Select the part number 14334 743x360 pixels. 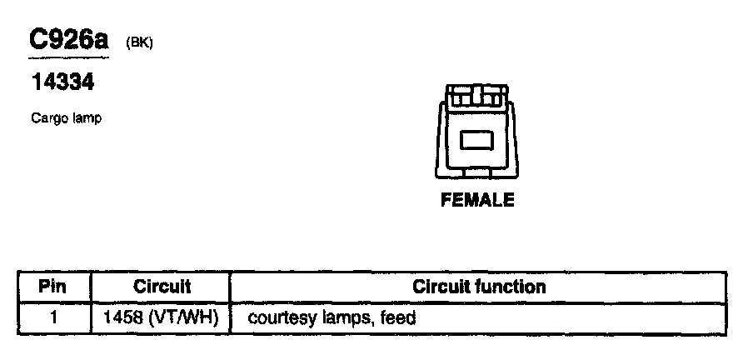pos(62,83)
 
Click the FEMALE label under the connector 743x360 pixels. pos(477,201)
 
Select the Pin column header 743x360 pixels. pos(52,287)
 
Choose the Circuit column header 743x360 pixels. pos(162,287)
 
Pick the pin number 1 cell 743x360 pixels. pos(52,317)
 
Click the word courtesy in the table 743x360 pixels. pos(277,317)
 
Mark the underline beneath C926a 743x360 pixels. pos(69,58)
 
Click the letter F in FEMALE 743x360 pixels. pos(446,201)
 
